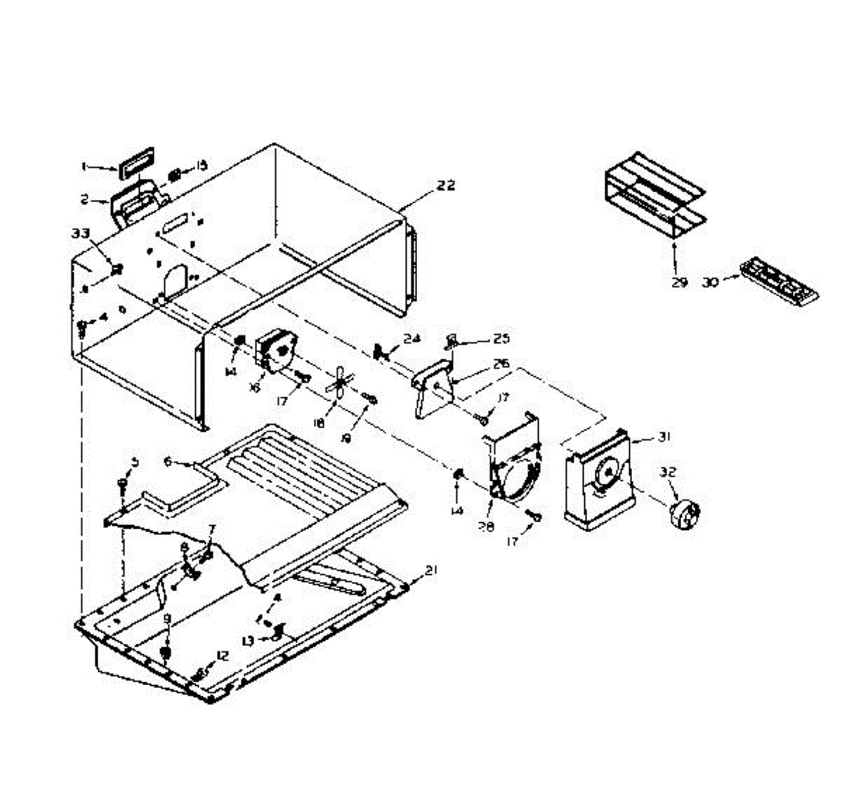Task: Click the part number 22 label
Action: pyautogui.click(x=446, y=186)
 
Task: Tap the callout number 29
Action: pyautogui.click(x=679, y=282)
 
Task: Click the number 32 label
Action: pyautogui.click(x=668, y=472)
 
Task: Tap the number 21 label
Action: pyautogui.click(x=431, y=570)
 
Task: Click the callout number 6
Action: pyautogui.click(x=168, y=461)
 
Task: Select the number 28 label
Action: pyautogui.click(x=489, y=507)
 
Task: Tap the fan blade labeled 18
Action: pyautogui.click(x=337, y=383)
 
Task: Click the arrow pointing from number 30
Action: pyautogui.click(x=731, y=280)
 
